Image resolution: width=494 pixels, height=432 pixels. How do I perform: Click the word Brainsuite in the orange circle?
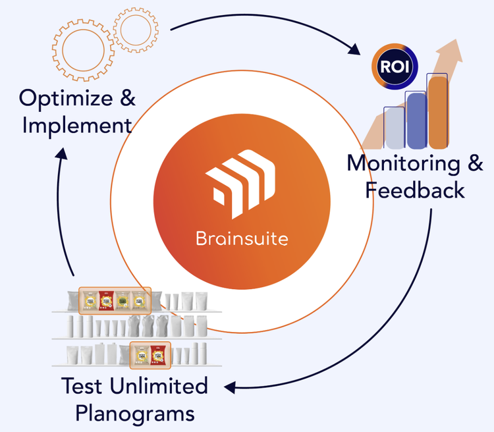point(242,238)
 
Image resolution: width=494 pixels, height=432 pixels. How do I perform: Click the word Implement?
point(76,124)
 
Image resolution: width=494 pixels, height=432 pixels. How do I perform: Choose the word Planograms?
point(134,413)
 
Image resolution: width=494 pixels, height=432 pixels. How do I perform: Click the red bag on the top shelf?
point(107,300)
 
